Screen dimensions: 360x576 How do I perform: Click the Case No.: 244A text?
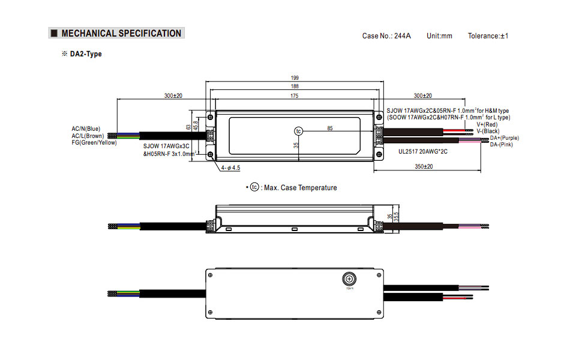tap(386, 36)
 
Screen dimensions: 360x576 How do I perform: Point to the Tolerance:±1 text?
tap(488, 36)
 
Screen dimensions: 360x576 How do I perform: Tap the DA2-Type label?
tap(85, 54)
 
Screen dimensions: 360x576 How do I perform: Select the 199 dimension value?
tap(295, 78)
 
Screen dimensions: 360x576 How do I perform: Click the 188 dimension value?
tap(295, 86)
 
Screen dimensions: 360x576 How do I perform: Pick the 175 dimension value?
tap(295, 96)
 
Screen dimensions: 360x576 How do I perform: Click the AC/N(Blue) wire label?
tap(86, 129)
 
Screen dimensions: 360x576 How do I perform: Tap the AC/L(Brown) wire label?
tap(88, 136)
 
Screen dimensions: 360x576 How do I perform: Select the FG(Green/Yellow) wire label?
tap(94, 142)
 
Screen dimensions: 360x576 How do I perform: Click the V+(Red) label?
tap(487, 125)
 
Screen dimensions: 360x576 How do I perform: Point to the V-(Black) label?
tap(488, 131)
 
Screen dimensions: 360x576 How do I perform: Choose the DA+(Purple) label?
tap(504, 138)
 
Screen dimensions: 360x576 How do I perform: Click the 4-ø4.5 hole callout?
tap(231, 168)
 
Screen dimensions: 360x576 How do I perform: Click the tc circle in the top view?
tap(299, 131)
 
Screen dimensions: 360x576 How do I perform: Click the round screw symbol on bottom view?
tap(349, 278)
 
